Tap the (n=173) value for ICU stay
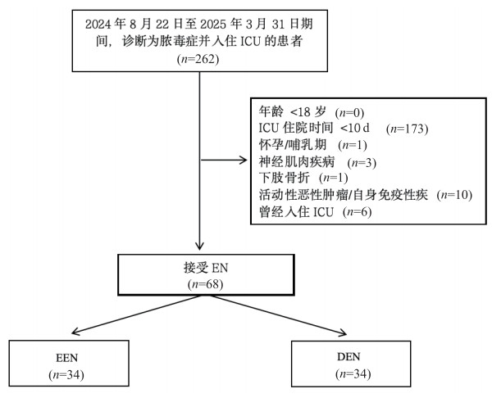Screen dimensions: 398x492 coord(408,129)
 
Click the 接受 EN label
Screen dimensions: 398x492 coord(198,267)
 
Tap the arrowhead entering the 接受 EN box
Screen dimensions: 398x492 coord(199,247)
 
